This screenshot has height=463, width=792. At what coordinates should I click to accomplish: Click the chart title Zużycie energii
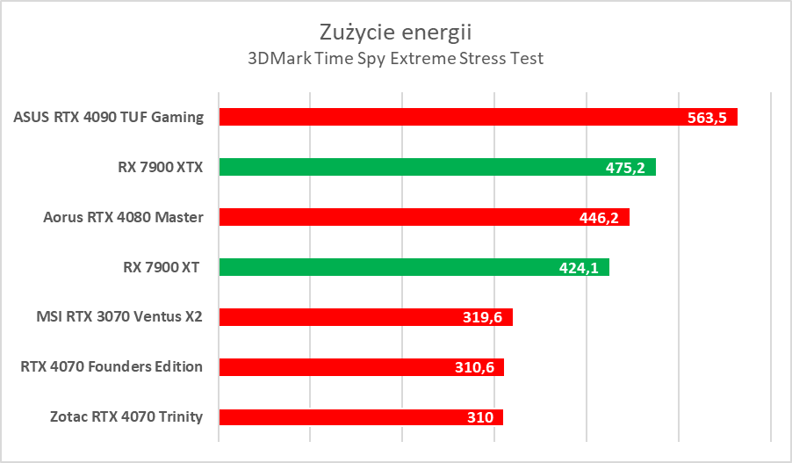click(x=395, y=33)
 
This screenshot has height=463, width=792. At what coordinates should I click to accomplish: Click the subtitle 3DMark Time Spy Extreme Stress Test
click(x=395, y=60)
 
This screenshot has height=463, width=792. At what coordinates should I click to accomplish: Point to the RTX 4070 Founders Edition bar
click(x=334, y=367)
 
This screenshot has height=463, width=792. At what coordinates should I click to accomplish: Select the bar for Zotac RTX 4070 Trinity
click(x=334, y=417)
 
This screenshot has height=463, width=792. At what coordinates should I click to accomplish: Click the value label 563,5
click(x=707, y=118)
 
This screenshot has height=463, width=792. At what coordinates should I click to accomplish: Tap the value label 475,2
click(x=625, y=168)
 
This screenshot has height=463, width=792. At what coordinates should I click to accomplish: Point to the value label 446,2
click(x=600, y=218)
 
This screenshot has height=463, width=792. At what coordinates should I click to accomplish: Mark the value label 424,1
click(x=579, y=268)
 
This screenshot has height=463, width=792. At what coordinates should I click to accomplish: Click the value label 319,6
click(x=482, y=318)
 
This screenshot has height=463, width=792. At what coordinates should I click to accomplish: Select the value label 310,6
click(x=474, y=368)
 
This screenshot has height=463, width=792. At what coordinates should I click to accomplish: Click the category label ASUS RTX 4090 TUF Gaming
click(x=109, y=117)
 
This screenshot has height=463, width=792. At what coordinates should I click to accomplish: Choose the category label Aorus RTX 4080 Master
click(x=124, y=217)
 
